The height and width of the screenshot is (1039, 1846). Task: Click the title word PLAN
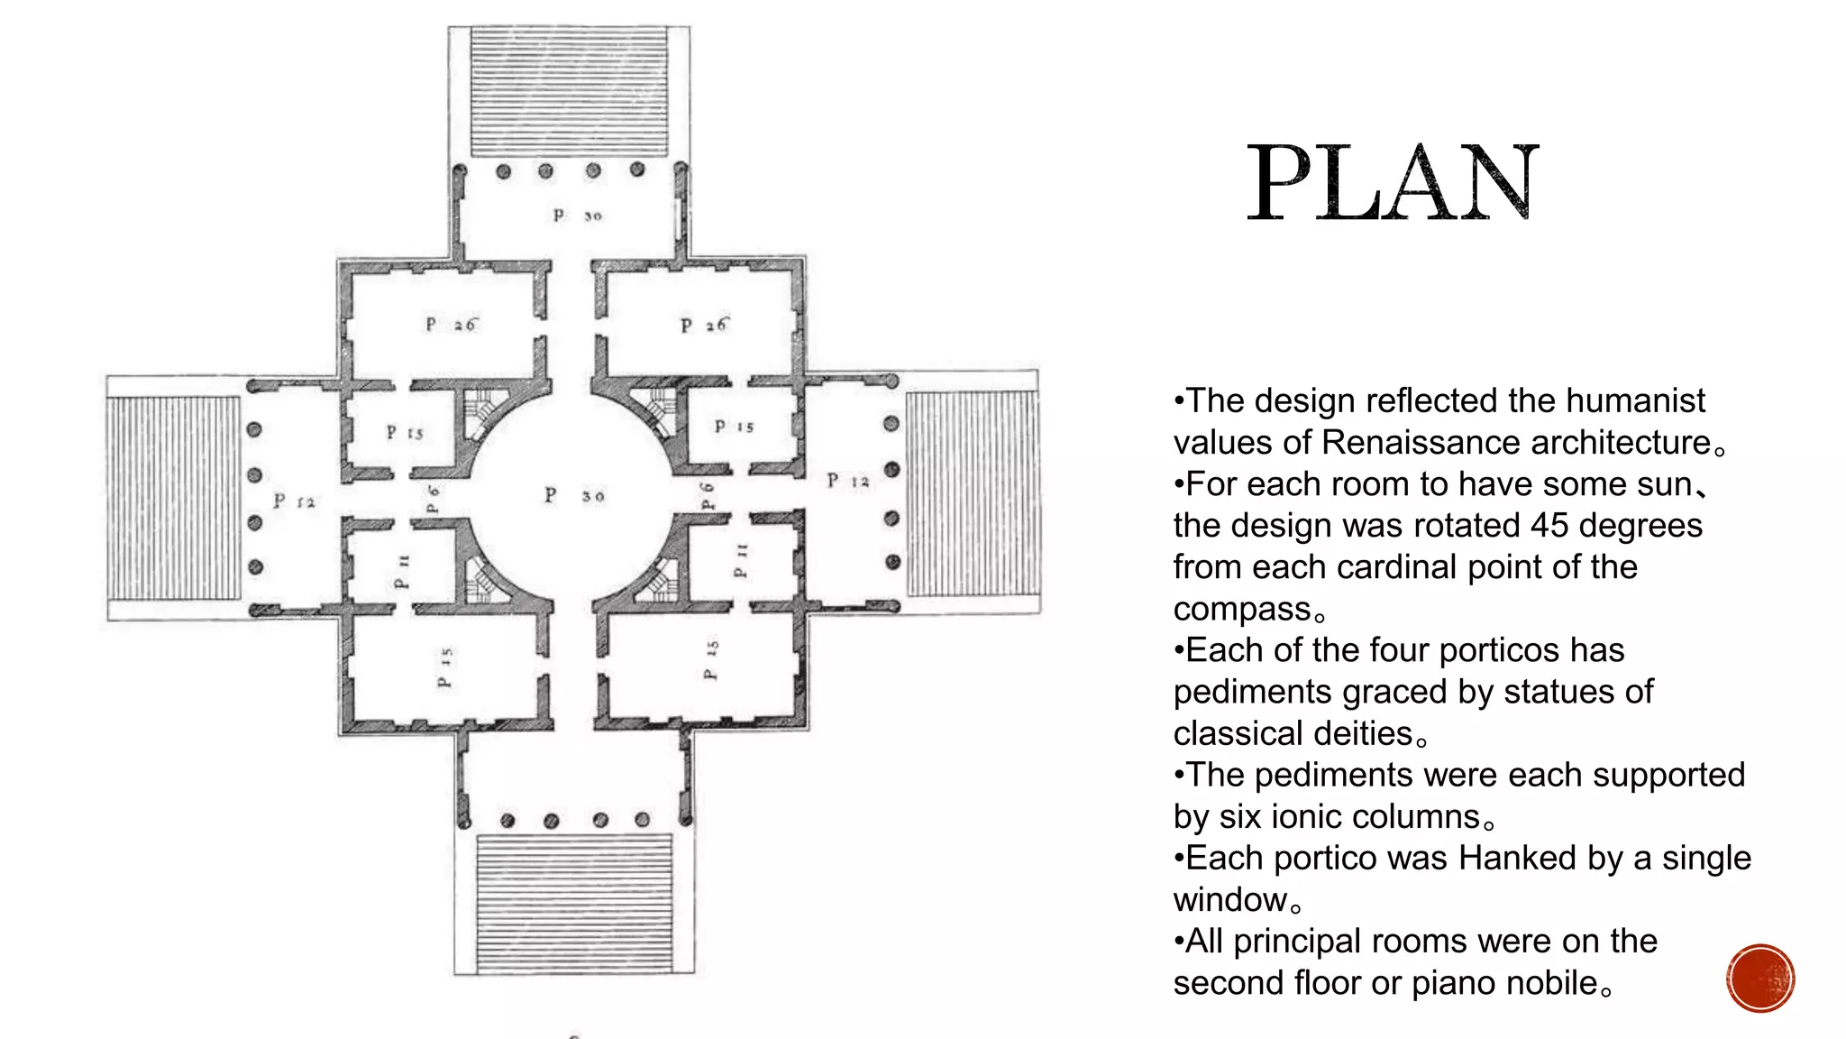click(x=1393, y=184)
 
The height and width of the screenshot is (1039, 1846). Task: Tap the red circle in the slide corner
click(x=1760, y=979)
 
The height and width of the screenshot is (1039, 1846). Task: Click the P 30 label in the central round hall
click(x=574, y=495)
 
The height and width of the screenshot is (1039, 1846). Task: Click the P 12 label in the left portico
click(x=295, y=501)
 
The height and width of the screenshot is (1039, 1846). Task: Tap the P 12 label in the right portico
click(x=848, y=481)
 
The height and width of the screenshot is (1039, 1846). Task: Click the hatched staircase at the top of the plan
click(x=569, y=90)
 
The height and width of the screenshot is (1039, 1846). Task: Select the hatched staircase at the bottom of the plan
click(x=574, y=902)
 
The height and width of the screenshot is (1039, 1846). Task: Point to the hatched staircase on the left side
click(x=174, y=498)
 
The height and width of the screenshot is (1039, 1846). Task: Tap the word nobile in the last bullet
click(x=1549, y=983)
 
